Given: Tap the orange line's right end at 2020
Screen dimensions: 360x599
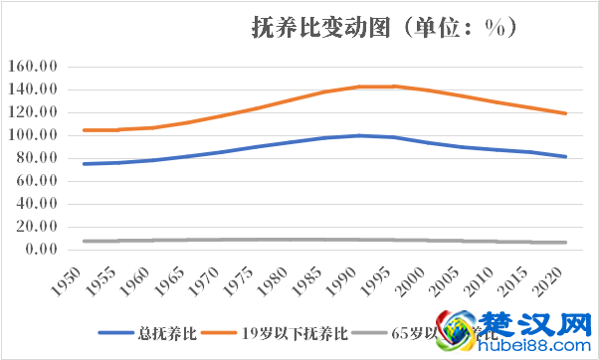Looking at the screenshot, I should [x=566, y=113].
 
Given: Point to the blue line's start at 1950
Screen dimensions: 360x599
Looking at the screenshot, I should [x=84, y=164].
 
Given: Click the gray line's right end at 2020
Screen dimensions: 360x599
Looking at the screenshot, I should [x=566, y=243].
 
